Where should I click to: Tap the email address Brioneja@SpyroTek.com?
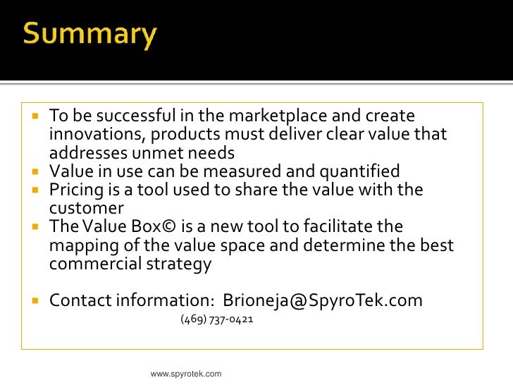323,300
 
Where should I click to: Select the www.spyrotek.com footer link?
186,374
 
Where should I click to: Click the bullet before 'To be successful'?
36,116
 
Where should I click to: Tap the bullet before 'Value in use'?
36,171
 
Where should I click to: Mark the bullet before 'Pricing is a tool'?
36,190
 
